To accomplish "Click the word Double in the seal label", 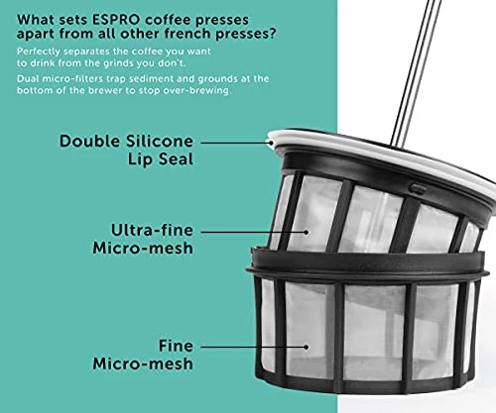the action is click(x=89, y=142).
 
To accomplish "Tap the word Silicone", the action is click(x=160, y=142).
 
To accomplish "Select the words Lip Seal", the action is click(x=161, y=159).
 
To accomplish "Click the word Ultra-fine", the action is click(x=152, y=230).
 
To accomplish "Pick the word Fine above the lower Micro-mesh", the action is click(x=176, y=346).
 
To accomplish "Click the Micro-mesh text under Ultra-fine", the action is click(x=143, y=249).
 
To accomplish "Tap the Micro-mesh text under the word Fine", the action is click(x=143, y=363).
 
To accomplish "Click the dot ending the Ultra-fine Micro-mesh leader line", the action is click(x=307, y=232).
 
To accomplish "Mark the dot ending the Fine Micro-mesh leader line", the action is click(x=307, y=347).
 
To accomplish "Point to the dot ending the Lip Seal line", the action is click(x=271, y=143).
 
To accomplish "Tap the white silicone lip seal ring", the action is click(x=380, y=151).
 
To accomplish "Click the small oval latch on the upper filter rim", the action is click(x=418, y=189).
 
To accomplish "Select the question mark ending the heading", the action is click(x=273, y=34).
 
